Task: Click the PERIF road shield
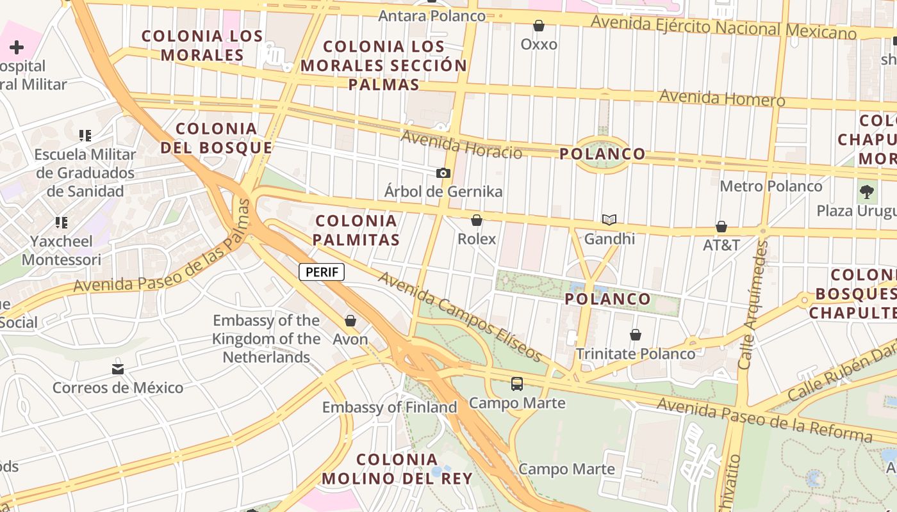322,272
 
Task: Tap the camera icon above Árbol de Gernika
443,173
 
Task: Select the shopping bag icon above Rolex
477,221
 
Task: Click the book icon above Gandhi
609,220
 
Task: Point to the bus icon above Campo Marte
516,384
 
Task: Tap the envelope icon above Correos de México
117,369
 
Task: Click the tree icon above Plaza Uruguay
867,191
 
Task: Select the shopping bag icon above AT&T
721,227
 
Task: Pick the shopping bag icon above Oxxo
539,26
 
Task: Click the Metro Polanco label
771,186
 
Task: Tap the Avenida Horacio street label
461,144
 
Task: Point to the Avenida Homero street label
721,98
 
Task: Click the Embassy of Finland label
390,407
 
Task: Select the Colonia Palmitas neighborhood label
357,230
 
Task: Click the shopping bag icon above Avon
350,321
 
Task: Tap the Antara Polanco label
432,15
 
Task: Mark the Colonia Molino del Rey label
397,468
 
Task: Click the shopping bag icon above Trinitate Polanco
635,335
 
